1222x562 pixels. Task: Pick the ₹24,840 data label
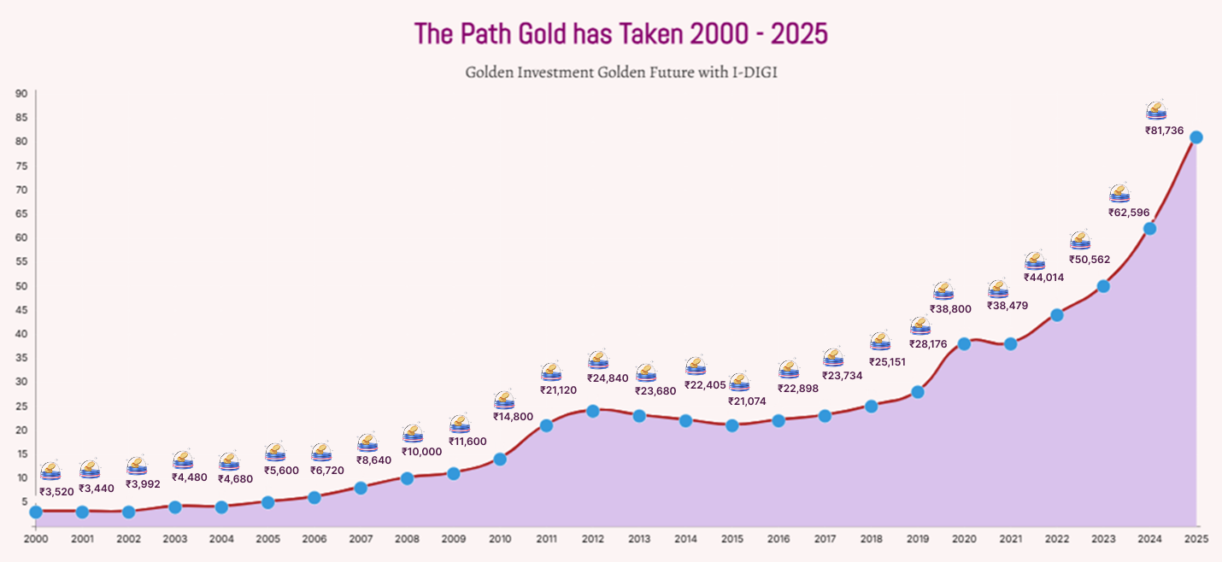(x=608, y=378)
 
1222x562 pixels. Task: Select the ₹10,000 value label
(x=421, y=452)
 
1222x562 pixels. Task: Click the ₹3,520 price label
(x=56, y=491)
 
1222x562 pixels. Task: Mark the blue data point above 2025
(x=1196, y=138)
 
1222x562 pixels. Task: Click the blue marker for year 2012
(x=592, y=411)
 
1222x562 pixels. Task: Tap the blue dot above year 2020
(x=964, y=343)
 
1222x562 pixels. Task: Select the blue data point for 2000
(x=36, y=512)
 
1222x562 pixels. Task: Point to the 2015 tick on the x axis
(x=731, y=540)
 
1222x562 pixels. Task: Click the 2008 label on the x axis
(x=407, y=540)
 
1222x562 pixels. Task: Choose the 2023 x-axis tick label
(x=1103, y=540)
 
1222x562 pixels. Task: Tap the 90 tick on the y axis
(x=21, y=93)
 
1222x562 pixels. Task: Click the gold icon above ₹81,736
(x=1156, y=111)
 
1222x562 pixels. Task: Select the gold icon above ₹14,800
(x=504, y=401)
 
